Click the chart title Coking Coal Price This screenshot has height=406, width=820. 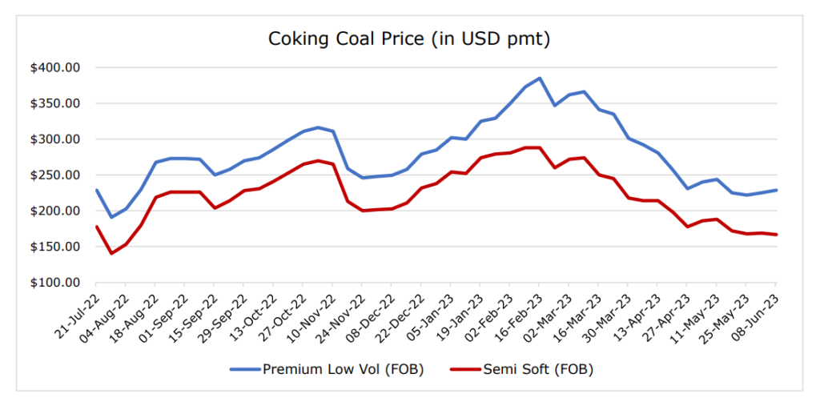click(x=409, y=38)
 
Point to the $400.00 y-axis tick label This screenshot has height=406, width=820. click(x=55, y=67)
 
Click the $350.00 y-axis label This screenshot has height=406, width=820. click(x=55, y=103)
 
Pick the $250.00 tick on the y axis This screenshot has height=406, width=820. click(x=55, y=175)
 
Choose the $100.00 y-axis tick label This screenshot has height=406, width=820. click(x=55, y=283)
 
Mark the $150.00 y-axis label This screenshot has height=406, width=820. click(x=55, y=247)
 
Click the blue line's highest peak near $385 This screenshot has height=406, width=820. click(x=540, y=78)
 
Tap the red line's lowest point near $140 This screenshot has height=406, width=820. click(x=111, y=254)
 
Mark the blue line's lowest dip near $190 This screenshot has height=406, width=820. click(x=111, y=217)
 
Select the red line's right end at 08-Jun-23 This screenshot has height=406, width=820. click(x=776, y=235)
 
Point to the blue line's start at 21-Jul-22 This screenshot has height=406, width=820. click(x=96, y=190)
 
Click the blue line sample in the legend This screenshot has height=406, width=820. click(x=245, y=369)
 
